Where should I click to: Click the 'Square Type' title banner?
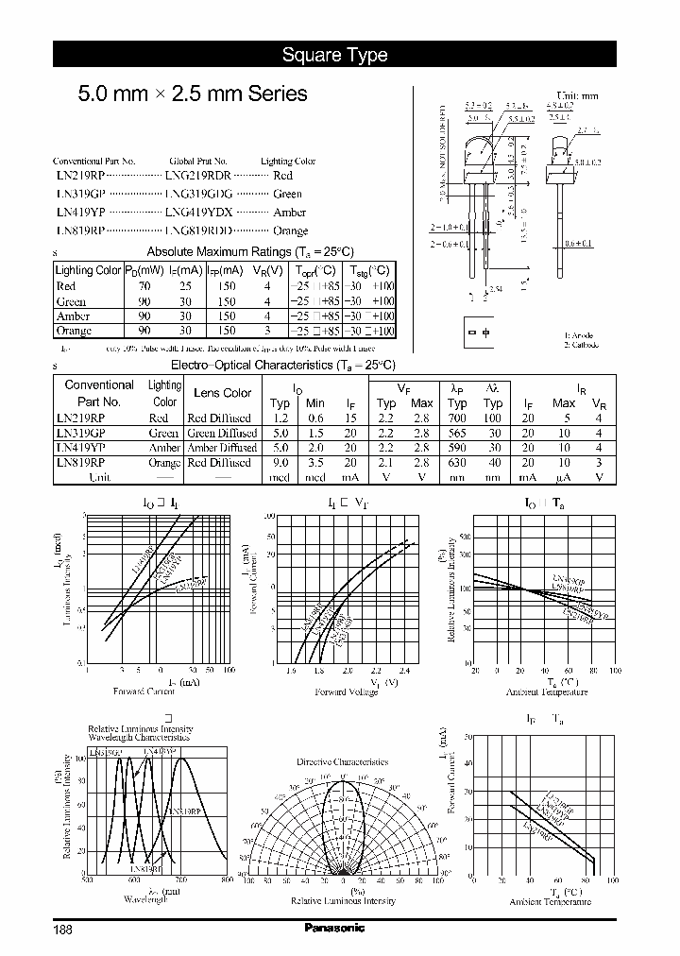tap(335, 55)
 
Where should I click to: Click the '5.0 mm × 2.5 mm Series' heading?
tap(192, 94)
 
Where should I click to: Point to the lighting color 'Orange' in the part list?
tap(290, 230)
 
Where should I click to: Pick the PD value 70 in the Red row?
tap(144, 285)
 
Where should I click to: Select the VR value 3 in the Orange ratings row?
tap(268, 331)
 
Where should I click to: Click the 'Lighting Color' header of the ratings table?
tap(89, 270)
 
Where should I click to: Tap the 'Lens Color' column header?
tap(222, 393)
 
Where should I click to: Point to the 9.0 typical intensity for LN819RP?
tap(280, 463)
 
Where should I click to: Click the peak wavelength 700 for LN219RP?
tap(457, 418)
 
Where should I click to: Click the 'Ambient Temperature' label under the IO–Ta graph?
tap(546, 691)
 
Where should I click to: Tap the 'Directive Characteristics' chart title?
tap(342, 761)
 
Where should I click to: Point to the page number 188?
tap(63, 929)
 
